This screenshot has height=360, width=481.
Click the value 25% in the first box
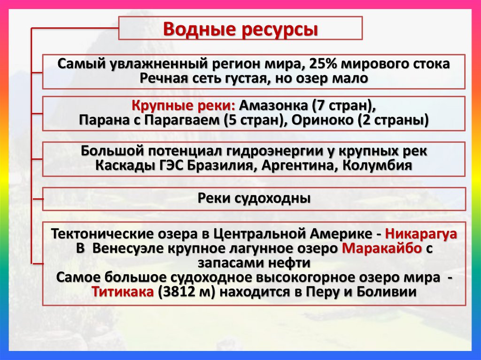tap(312, 64)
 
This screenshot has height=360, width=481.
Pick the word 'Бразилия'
tap(222, 166)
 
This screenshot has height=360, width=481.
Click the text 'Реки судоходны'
tap(254, 199)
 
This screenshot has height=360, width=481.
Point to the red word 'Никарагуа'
tap(420, 234)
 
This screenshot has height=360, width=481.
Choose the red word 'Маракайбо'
tap(382, 248)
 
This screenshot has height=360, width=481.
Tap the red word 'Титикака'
tap(123, 291)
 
